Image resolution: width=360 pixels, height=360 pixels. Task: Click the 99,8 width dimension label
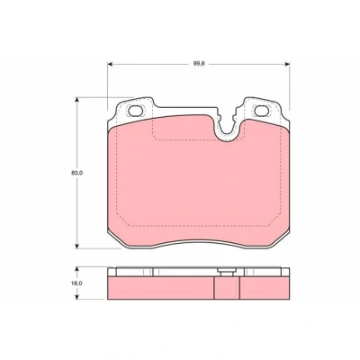click(199, 64)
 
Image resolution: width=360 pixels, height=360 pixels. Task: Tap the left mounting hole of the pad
click(135, 111)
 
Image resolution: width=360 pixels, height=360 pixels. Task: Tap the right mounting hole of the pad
click(261, 111)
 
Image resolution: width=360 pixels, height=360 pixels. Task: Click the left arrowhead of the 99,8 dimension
click(110, 64)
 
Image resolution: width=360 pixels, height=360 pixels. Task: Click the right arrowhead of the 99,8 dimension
click(287, 64)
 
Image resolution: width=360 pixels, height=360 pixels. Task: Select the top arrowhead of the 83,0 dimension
click(77, 100)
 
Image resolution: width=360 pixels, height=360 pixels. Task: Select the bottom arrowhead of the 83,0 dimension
click(77, 246)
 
